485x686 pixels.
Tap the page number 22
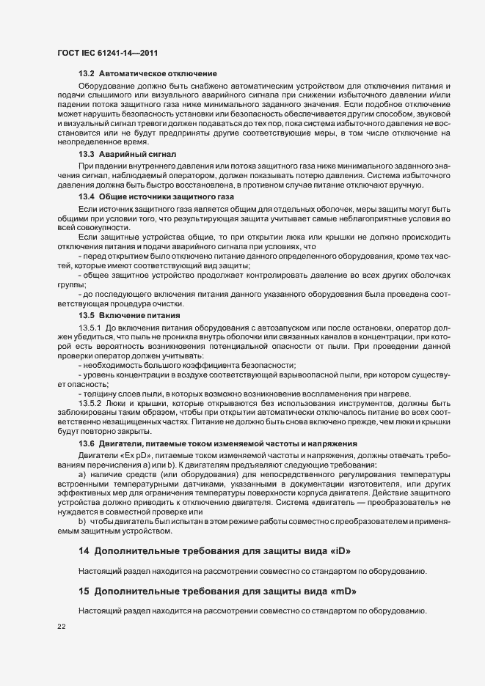(61, 627)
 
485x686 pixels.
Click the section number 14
(84, 550)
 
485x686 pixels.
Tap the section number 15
(84, 590)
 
